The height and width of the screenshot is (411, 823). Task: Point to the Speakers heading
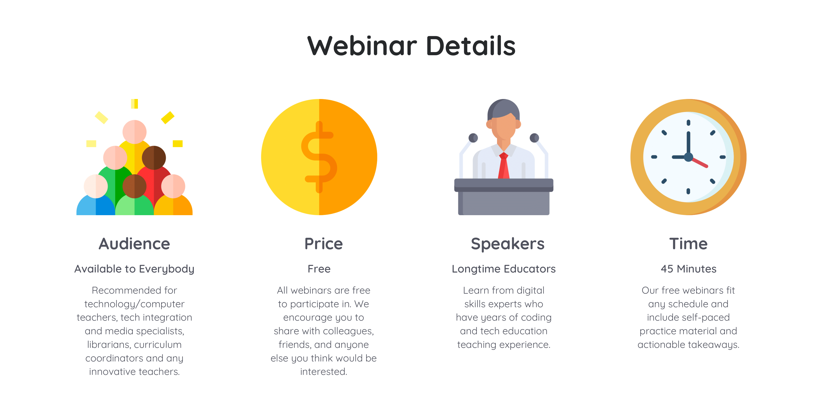point(507,244)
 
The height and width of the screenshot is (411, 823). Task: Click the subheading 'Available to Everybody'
point(134,269)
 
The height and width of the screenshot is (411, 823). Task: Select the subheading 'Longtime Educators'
point(503,269)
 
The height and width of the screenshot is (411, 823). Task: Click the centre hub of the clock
point(688,157)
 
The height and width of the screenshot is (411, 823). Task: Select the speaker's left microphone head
point(473,138)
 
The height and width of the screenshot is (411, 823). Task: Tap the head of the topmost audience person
point(135,132)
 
